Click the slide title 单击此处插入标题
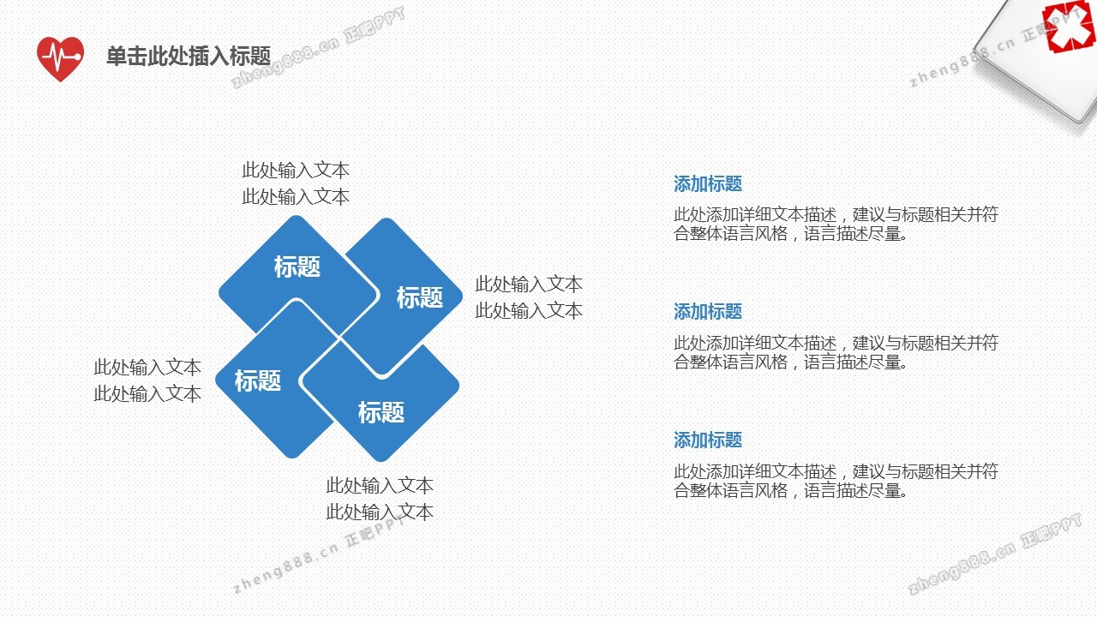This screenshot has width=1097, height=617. pos(189,56)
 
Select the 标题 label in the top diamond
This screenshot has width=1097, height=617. pos(297,267)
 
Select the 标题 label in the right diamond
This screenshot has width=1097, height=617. pos(420,297)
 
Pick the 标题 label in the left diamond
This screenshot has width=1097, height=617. pos(258,380)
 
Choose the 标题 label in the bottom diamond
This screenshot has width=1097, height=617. pos(381,412)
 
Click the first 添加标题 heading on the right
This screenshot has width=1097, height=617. pos(708,184)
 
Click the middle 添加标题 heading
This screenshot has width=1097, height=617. pos(708,311)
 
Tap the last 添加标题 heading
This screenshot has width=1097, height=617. pos(708,440)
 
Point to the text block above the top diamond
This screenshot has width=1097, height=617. pos(296,183)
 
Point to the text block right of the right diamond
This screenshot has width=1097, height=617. pos(529,297)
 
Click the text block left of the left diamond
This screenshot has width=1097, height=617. pos(147,380)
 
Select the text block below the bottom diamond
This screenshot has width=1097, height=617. pos(380,499)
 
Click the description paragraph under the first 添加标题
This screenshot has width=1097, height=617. pos(836,224)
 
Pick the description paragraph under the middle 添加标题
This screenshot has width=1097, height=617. pos(836,352)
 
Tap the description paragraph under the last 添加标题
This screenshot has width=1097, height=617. pos(836,481)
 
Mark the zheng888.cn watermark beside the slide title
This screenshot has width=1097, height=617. pos(318,47)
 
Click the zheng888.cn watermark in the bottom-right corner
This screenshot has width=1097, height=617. pos(995,554)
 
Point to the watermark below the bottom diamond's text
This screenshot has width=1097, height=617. pos(318,556)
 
